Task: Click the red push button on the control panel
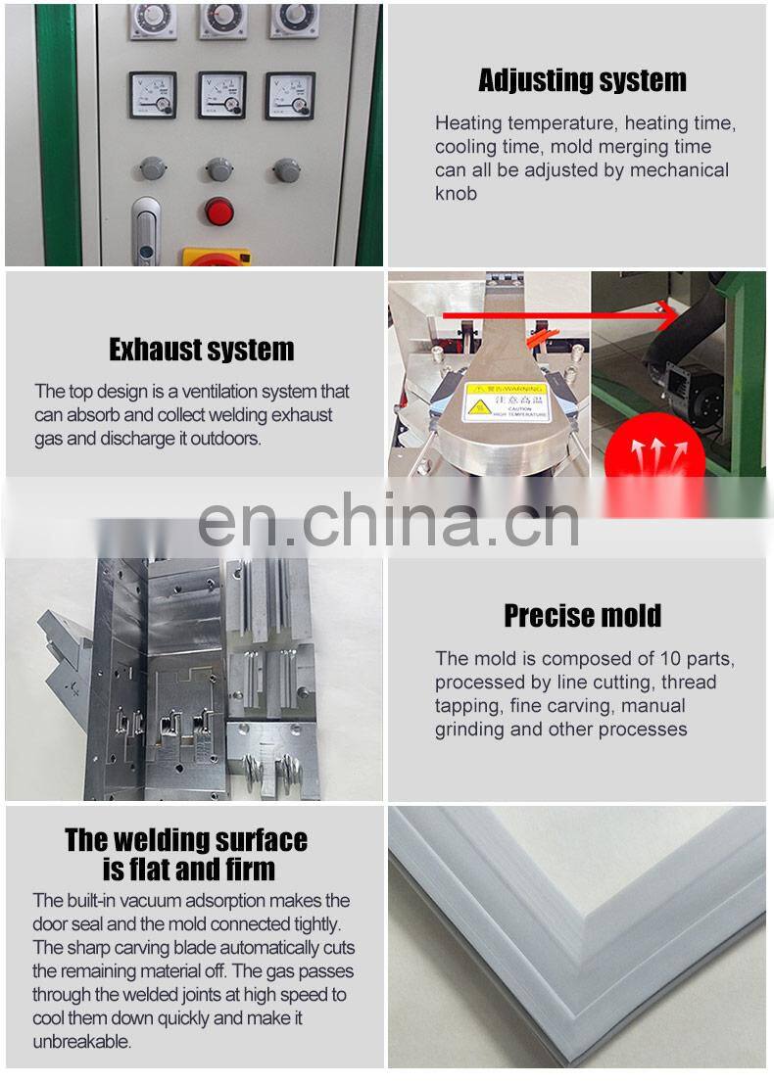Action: pyautogui.click(x=219, y=211)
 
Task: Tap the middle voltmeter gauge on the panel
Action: pyautogui.click(x=222, y=95)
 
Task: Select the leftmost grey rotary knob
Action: pyautogui.click(x=152, y=168)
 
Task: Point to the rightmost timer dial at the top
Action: pyautogui.click(x=294, y=20)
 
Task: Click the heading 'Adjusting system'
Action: pyautogui.click(x=582, y=80)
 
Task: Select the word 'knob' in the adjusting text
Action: pyautogui.click(x=456, y=194)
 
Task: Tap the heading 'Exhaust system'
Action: pyautogui.click(x=201, y=350)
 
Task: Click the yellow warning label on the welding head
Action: pyautogui.click(x=506, y=401)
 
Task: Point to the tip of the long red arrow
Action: pyautogui.click(x=678, y=316)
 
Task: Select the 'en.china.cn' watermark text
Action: pyautogui.click(x=388, y=521)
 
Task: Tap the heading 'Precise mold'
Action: pyautogui.click(x=582, y=615)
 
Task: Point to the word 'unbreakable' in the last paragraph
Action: pyautogui.click(x=81, y=1041)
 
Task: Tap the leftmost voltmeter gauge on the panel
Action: pyautogui.click(x=153, y=95)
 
